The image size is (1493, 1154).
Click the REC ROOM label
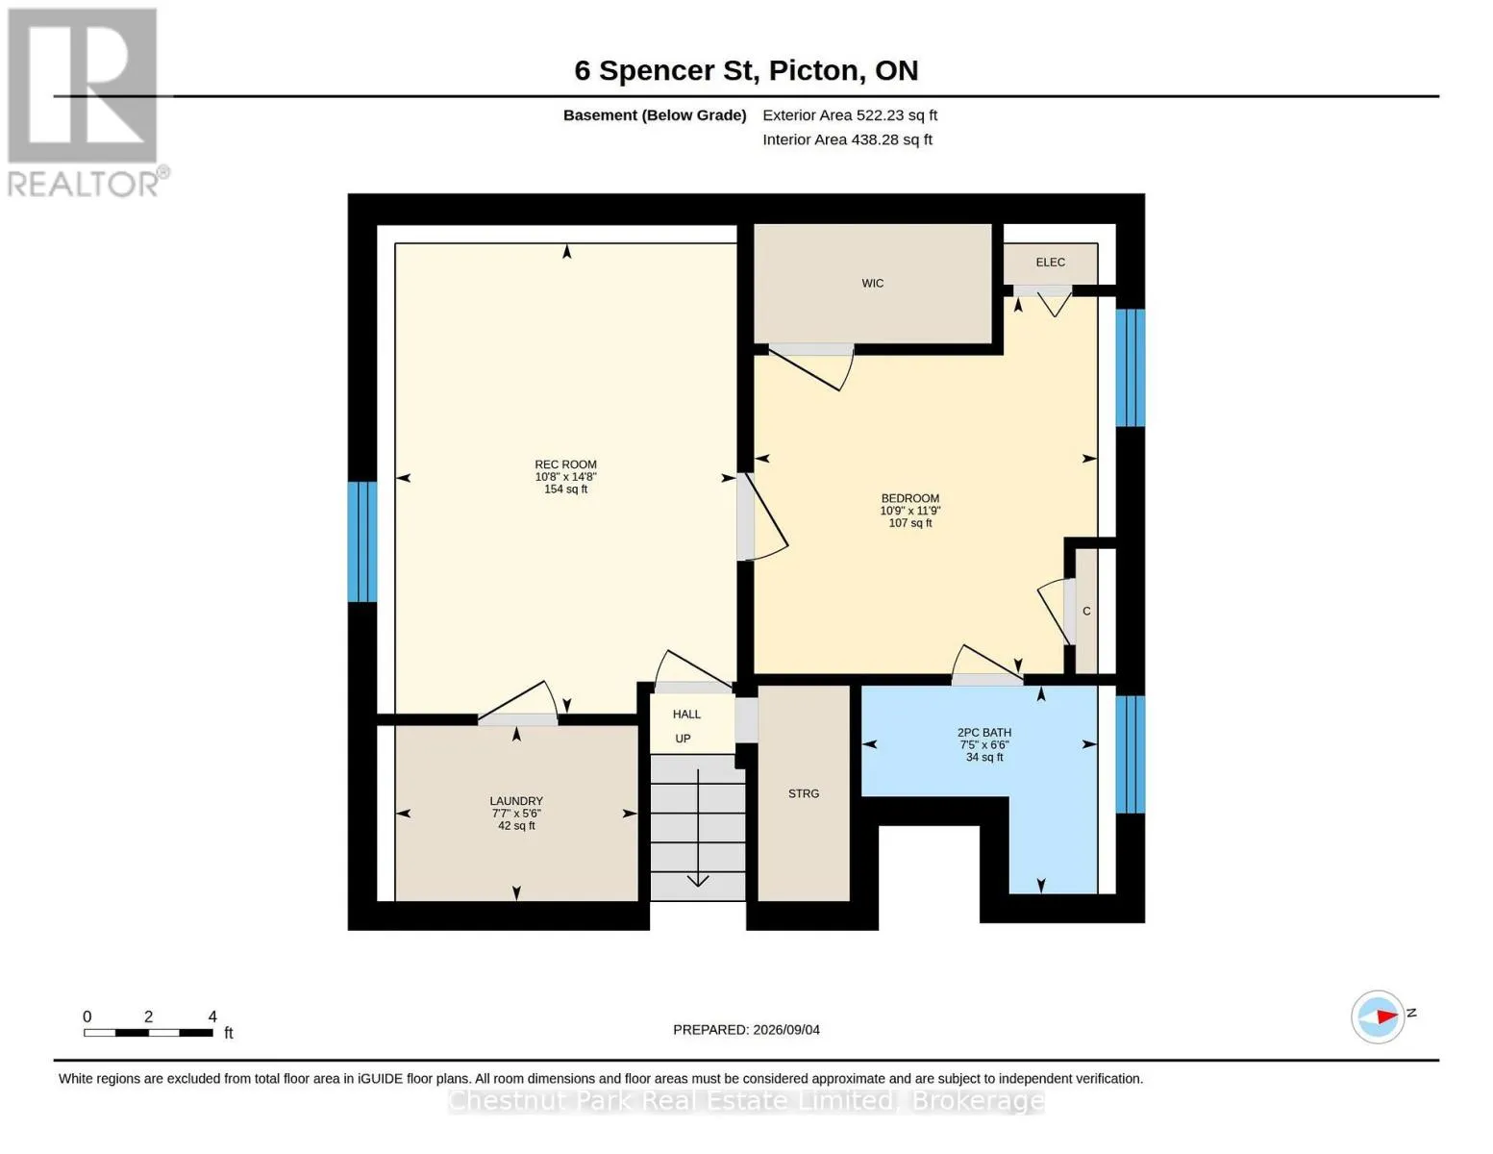565,464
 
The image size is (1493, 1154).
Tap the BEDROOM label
909,498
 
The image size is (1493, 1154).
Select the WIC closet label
873,283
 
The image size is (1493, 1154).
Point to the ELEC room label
1050,262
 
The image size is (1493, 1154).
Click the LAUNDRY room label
516,801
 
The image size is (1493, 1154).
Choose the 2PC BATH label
983,733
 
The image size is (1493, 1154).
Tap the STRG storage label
803,793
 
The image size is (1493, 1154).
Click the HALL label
686,715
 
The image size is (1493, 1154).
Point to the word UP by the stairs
683,739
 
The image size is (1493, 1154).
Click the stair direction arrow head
697,881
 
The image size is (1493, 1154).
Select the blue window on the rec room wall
362,541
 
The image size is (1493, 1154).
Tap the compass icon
1377,1017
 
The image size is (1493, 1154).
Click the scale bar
148,1032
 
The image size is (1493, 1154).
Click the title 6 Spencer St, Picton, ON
746,71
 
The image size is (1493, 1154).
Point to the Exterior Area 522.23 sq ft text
850,115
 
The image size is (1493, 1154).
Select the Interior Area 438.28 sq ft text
847,139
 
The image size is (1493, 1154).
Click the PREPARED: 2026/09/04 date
746,1030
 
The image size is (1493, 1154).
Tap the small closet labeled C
1086,611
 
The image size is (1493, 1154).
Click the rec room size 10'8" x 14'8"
565,477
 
